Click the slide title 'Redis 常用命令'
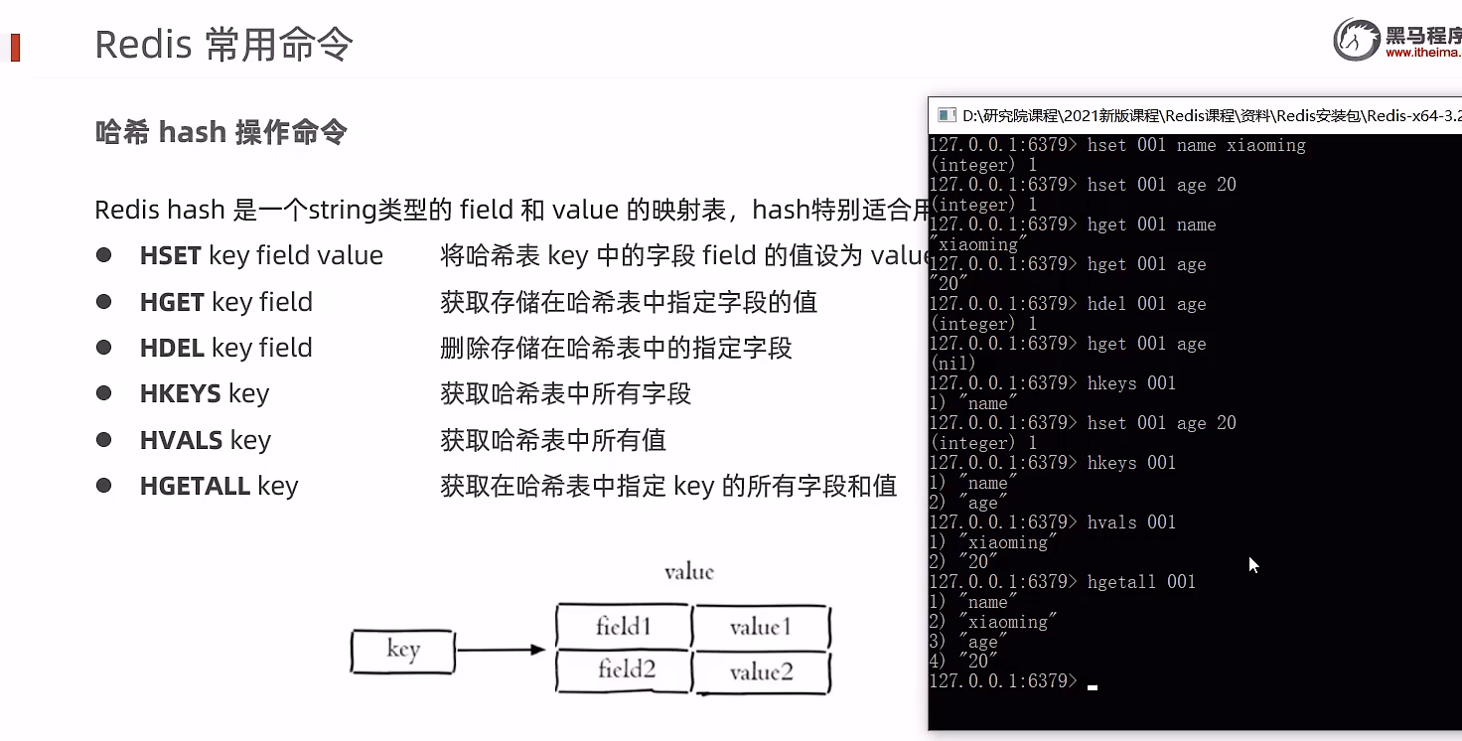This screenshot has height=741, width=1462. click(223, 45)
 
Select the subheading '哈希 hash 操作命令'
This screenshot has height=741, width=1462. click(220, 133)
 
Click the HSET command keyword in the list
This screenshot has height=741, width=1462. click(171, 255)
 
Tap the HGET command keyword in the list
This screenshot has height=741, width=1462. click(172, 302)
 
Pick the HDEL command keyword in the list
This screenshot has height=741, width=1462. click(172, 348)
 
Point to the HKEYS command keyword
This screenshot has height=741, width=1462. click(180, 393)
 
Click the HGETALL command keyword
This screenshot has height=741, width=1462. click(195, 486)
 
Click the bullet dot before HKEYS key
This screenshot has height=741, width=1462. click(103, 393)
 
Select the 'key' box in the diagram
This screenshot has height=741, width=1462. click(403, 651)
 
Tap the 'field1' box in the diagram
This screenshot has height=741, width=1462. click(623, 627)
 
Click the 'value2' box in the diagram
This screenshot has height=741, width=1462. click(762, 672)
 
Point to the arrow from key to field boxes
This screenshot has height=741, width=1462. click(501, 651)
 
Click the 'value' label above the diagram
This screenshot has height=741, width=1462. click(689, 572)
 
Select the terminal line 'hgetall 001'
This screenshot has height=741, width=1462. click(1141, 582)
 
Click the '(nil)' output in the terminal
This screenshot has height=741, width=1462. click(950, 364)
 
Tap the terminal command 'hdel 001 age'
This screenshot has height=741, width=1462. click(1146, 304)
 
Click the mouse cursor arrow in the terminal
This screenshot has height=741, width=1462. click(1253, 564)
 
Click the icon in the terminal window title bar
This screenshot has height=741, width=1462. click(947, 115)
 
